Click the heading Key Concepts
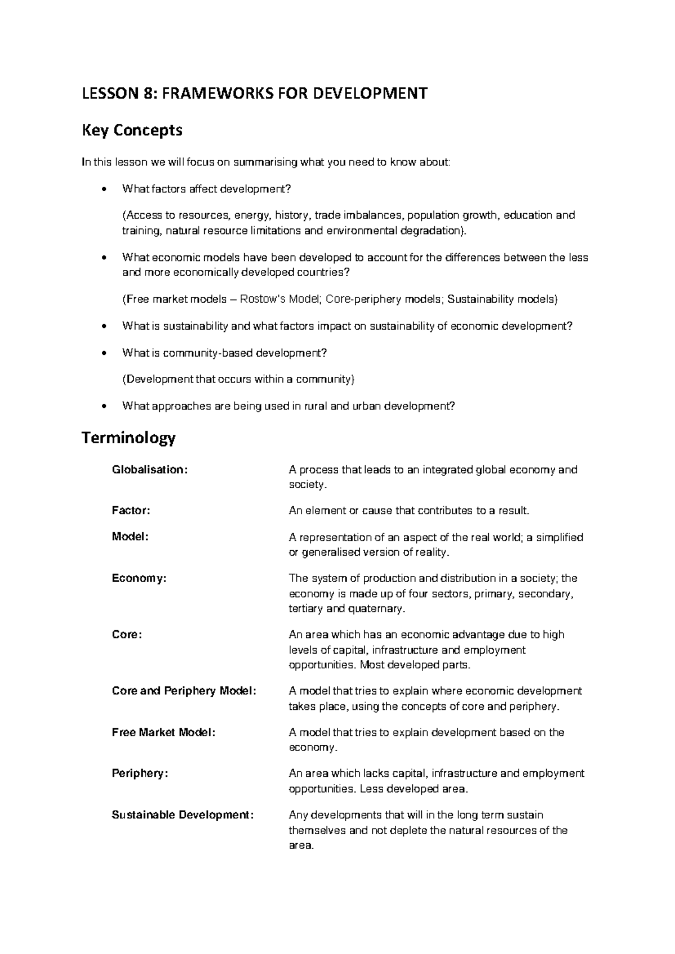click(132, 130)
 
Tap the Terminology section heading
click(129, 438)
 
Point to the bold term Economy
click(139, 578)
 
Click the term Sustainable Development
click(183, 815)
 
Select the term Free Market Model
click(164, 732)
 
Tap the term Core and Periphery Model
click(184, 691)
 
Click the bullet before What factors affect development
click(102, 190)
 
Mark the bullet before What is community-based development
click(102, 353)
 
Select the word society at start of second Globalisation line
click(306, 485)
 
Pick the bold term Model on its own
click(130, 537)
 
